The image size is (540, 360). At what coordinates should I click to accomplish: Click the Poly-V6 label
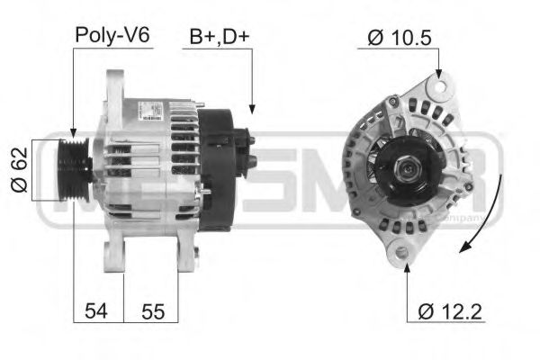tap(112, 36)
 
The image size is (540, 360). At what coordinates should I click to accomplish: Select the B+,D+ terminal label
tap(219, 37)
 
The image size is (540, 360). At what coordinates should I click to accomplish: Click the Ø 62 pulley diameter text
tap(20, 171)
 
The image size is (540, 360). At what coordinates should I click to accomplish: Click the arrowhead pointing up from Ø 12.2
tap(406, 266)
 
